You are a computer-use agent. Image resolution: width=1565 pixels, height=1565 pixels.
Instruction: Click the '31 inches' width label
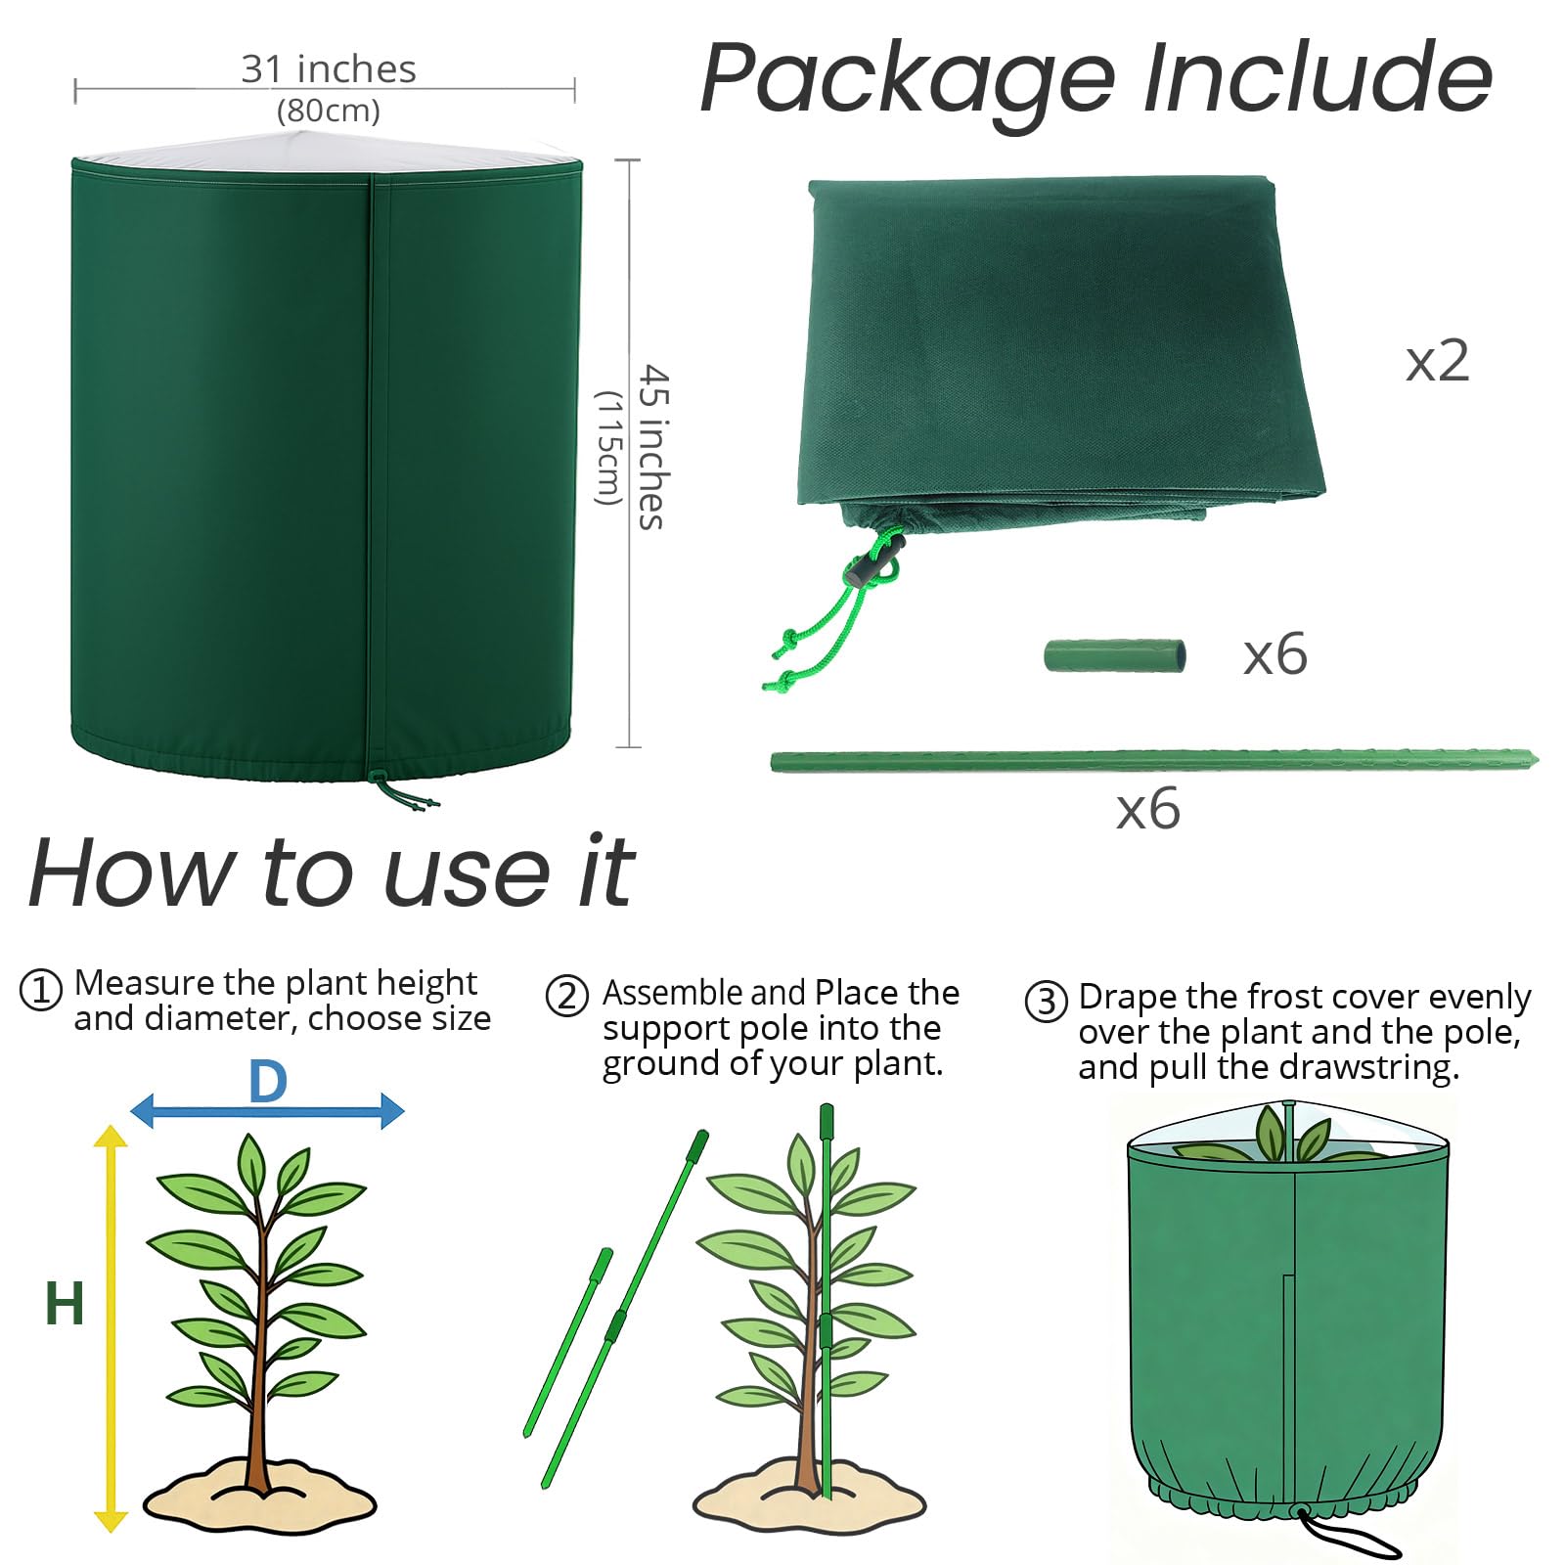coord(329,69)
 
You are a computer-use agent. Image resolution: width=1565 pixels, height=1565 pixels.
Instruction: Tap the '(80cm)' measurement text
coord(329,111)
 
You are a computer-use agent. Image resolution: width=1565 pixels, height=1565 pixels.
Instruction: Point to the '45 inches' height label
coord(652,447)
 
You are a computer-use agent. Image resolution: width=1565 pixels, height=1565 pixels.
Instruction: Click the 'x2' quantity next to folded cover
coord(1437,361)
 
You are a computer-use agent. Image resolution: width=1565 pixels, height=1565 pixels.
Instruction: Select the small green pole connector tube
coord(1115,655)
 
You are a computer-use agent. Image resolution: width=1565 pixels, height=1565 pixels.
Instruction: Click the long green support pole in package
coord(1154,760)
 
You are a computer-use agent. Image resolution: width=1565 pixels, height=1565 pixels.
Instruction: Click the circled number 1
coord(41,991)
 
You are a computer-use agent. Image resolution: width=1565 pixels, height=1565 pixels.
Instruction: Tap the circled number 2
coord(567,997)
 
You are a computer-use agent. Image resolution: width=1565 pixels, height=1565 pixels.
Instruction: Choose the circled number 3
coord(1047,1002)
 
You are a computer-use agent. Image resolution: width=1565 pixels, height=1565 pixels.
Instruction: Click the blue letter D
coord(268,1082)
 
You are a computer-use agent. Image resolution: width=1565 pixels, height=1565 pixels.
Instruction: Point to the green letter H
coord(65,1304)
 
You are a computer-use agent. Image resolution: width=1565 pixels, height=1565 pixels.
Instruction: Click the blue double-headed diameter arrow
coord(267,1110)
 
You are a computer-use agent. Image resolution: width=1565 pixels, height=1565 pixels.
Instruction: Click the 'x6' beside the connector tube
coord(1275,654)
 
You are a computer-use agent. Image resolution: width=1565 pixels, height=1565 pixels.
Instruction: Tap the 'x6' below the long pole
coord(1148,810)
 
